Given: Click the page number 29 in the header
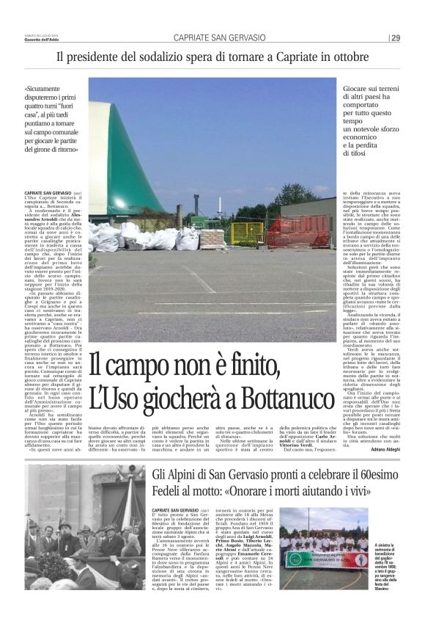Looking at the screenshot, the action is [x=396, y=38].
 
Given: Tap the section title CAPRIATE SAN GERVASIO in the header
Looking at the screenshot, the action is [x=220, y=38].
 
